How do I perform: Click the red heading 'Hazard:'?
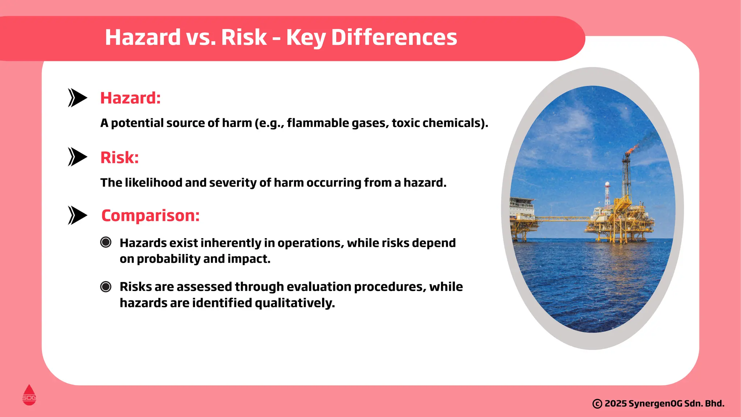pos(130,98)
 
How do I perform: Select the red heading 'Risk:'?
pos(119,157)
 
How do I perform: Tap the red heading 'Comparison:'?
pos(150,216)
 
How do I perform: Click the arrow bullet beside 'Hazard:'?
pos(77,98)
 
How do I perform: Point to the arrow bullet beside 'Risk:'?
pos(77,157)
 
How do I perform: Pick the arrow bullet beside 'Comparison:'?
pos(77,215)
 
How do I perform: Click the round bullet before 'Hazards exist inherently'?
pos(106,242)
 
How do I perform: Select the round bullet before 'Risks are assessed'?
pos(106,287)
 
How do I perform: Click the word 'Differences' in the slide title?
pos(394,37)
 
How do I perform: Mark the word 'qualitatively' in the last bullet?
pos(295,303)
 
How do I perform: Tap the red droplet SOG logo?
pos(29,395)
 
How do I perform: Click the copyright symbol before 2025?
pos(597,404)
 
